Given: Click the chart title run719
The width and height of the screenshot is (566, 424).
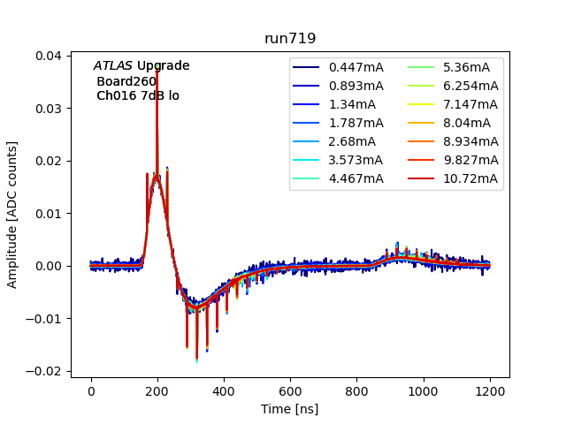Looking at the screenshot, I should pyautogui.click(x=290, y=39).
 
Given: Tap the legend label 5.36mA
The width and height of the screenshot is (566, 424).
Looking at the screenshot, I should pyautogui.click(x=466, y=67).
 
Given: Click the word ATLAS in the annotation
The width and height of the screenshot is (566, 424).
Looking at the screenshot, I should pyautogui.click(x=113, y=66).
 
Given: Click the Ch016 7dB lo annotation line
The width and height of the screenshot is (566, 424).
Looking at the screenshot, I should pyautogui.click(x=138, y=95).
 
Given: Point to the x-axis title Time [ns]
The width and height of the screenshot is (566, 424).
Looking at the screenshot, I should pyautogui.click(x=289, y=409).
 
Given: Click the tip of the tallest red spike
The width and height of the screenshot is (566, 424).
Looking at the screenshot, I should pyautogui.click(x=157, y=68).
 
